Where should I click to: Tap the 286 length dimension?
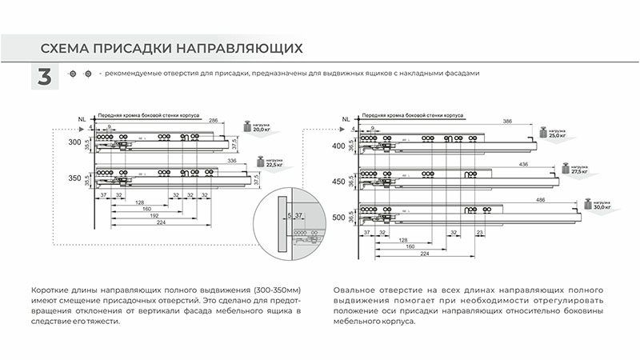213,121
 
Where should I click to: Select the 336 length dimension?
232,162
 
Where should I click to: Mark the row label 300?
75,142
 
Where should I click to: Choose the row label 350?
75,178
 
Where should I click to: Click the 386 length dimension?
506,121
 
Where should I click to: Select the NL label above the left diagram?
82,119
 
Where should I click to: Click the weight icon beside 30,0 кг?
588,204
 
